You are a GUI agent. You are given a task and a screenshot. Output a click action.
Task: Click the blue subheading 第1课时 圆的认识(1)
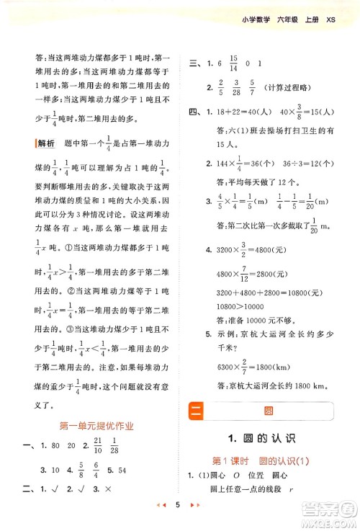(267, 461)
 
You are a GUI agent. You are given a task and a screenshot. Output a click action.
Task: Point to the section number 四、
(193, 113)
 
